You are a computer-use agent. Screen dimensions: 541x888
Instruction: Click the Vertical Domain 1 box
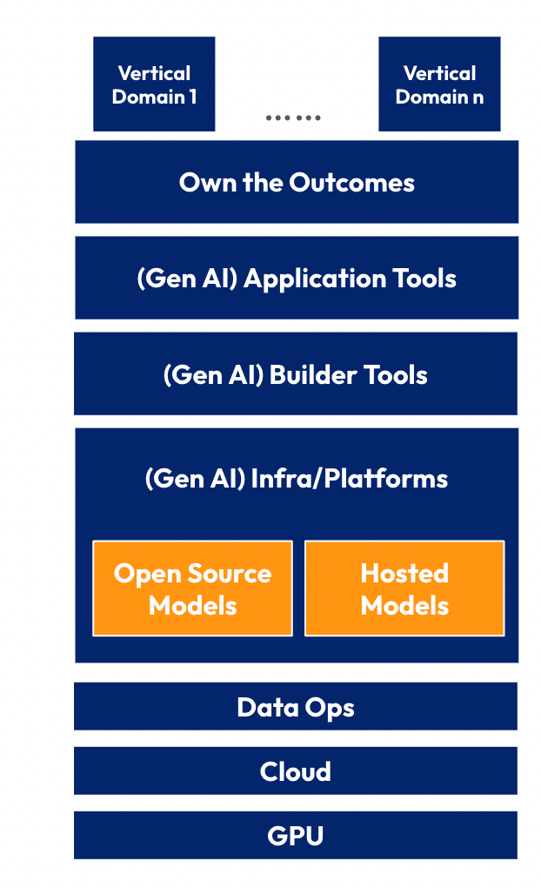[154, 84]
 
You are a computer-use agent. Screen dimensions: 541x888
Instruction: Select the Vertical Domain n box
[439, 84]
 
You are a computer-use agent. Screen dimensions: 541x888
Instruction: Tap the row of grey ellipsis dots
[293, 118]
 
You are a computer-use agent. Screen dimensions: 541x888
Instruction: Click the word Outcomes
[352, 182]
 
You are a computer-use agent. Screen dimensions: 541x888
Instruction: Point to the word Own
[208, 183]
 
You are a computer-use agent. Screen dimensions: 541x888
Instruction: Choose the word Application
[314, 279]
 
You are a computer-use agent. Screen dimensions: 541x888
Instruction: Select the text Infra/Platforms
[349, 479]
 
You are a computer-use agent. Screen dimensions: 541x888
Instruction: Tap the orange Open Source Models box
[192, 589]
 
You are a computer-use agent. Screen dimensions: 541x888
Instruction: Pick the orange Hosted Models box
[404, 589]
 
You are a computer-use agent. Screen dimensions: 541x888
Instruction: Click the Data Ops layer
[296, 706]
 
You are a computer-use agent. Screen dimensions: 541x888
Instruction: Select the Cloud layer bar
[296, 770]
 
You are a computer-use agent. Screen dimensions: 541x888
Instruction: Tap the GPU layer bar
[296, 836]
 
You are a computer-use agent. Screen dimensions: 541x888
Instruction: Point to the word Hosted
[404, 573]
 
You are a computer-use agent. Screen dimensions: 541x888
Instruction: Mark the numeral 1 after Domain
[193, 97]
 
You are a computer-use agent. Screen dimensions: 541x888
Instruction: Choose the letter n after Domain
[478, 98]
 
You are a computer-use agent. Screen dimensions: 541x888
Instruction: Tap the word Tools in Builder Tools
[395, 375]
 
